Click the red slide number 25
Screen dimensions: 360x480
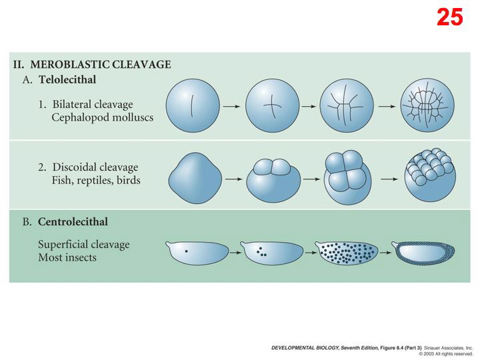(449, 17)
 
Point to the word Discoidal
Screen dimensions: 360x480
(74, 167)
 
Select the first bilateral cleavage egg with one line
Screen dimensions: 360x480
(193, 105)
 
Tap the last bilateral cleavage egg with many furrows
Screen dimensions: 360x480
(427, 105)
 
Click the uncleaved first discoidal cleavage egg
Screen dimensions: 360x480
(194, 179)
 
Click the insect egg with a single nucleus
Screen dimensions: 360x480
(194, 253)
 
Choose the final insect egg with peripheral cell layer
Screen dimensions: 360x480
(425, 253)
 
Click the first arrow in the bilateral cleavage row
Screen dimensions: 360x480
(231, 106)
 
